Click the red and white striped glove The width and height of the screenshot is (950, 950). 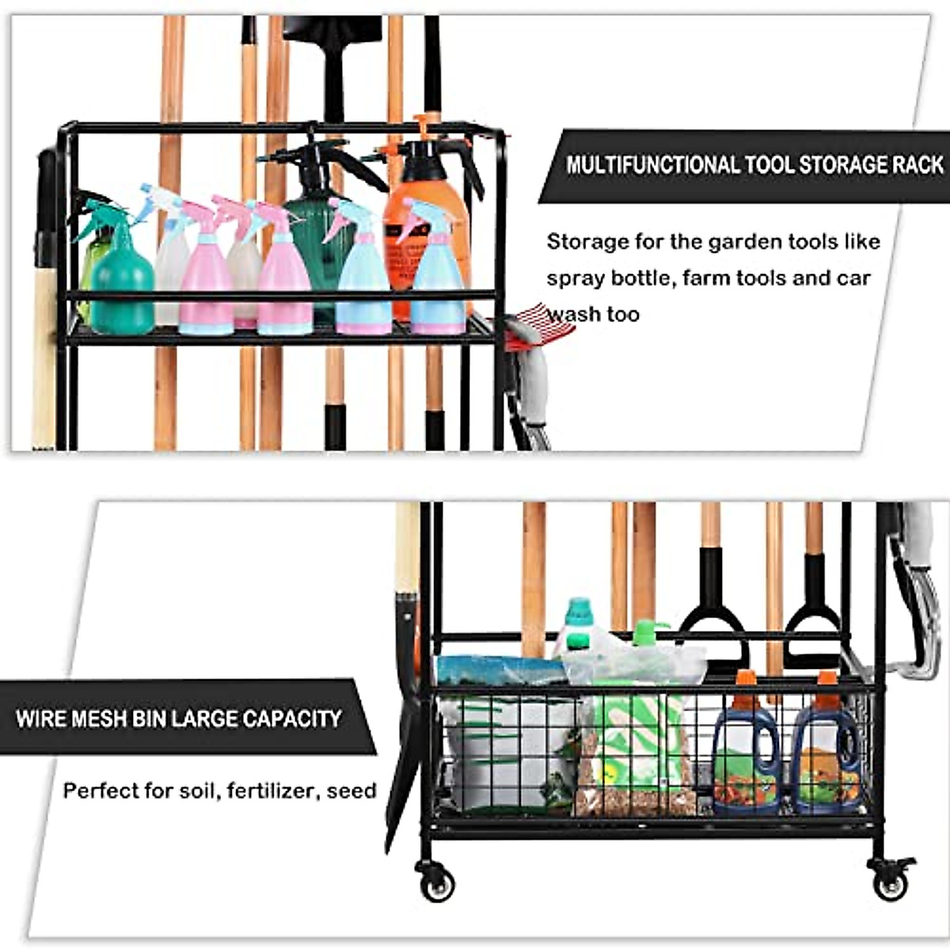[538, 325]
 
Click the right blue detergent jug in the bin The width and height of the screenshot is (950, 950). [826, 760]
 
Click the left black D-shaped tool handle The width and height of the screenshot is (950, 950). [712, 617]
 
